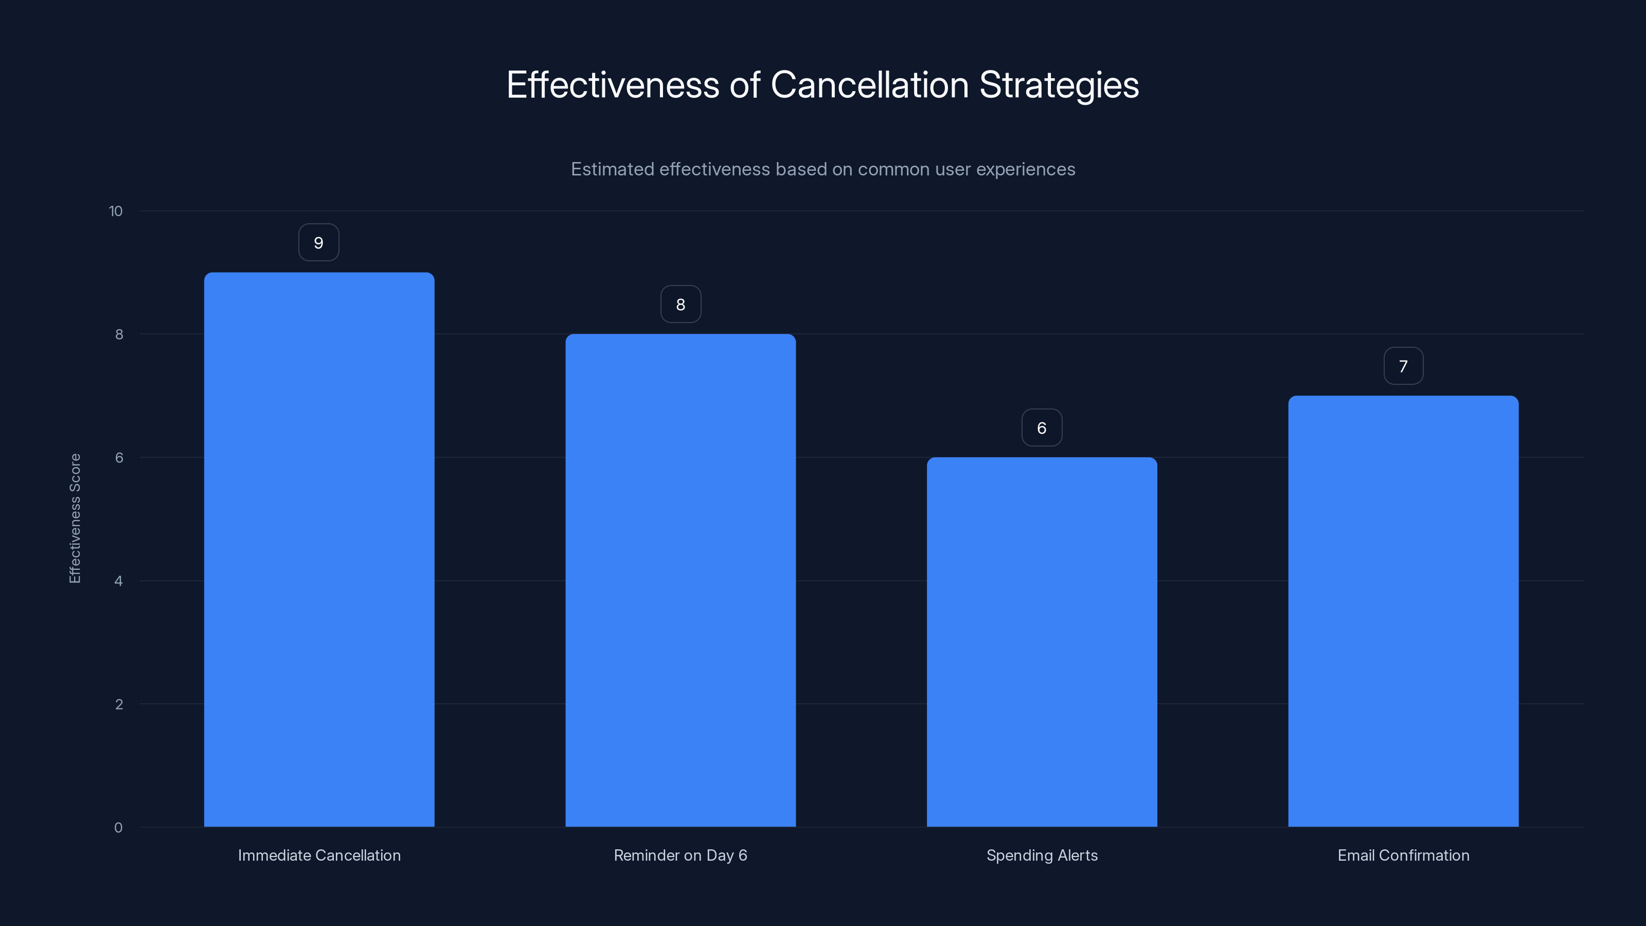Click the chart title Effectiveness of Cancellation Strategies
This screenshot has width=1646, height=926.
[x=822, y=85]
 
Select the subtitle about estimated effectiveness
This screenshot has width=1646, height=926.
[x=822, y=169]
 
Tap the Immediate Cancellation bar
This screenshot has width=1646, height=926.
[x=319, y=549]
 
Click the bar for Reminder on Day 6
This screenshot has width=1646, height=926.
[x=681, y=580]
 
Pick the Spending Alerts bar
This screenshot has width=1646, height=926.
[x=1042, y=642]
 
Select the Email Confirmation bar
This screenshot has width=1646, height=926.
[x=1403, y=611]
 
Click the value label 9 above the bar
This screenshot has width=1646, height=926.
[x=319, y=243]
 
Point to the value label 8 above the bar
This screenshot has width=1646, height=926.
[x=681, y=305]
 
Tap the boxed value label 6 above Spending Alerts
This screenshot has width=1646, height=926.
[x=1042, y=428]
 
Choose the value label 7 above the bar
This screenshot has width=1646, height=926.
[x=1403, y=366]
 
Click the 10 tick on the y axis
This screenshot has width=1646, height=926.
[x=116, y=211]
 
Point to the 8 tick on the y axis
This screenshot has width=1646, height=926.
[x=119, y=335]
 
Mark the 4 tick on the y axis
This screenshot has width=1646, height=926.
[x=118, y=581]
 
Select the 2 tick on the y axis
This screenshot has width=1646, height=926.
[x=119, y=705]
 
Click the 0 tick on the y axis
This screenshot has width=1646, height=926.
[x=118, y=828]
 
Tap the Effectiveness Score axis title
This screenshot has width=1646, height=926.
[x=75, y=518]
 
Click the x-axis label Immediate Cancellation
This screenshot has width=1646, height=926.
[x=319, y=856]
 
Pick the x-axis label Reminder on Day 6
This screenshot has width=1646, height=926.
[x=681, y=856]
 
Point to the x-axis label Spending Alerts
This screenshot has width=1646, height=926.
[x=1042, y=856]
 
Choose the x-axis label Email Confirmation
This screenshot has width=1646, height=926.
[x=1403, y=856]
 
